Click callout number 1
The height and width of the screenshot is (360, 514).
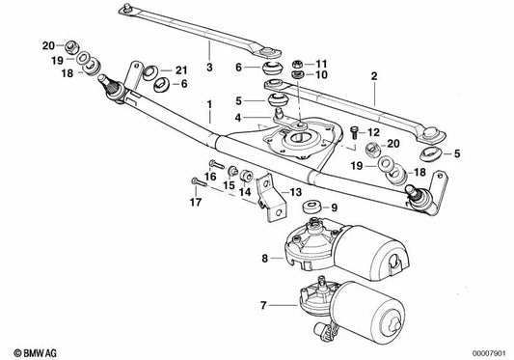click(206, 102)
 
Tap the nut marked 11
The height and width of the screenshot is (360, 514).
click(297, 61)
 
